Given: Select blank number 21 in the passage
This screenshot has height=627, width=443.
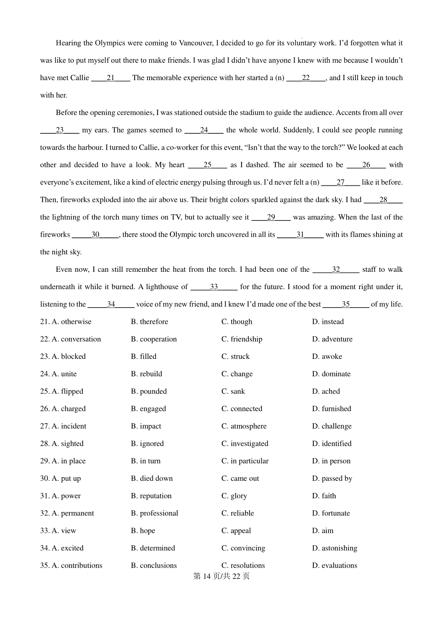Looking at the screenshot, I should click(x=110, y=78).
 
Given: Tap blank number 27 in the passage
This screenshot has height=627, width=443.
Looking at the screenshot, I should click(x=340, y=182).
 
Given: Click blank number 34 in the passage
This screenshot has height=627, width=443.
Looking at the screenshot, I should click(x=111, y=304).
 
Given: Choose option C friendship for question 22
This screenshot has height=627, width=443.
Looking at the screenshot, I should click(x=242, y=339).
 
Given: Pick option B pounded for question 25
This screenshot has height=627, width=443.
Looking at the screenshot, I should click(x=149, y=391).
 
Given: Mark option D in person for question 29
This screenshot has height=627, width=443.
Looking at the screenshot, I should click(x=331, y=461).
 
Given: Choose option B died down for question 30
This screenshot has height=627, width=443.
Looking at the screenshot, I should click(x=152, y=478).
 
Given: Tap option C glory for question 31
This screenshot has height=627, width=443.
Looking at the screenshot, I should click(x=234, y=496).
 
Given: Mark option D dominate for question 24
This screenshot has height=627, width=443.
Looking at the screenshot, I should click(x=331, y=374).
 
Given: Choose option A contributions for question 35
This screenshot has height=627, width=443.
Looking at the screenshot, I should click(x=71, y=565).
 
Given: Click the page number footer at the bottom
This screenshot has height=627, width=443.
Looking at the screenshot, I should click(x=221, y=576).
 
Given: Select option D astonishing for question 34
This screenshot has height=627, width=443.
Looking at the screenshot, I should click(x=334, y=548).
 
